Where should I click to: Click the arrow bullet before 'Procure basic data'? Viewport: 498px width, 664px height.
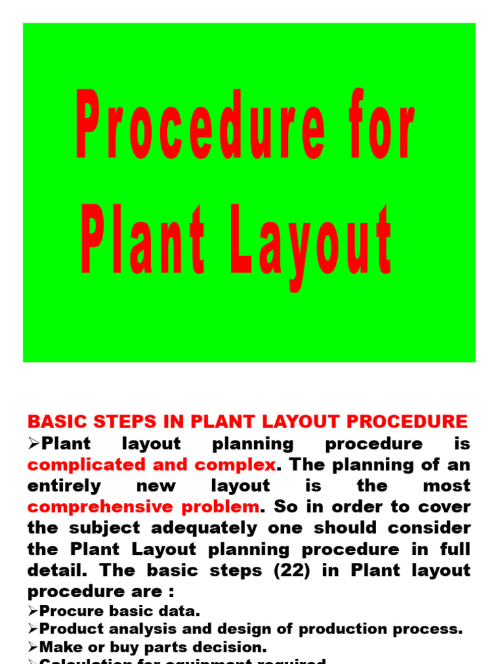point(32,611)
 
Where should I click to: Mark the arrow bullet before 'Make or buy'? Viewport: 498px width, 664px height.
point(32,647)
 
